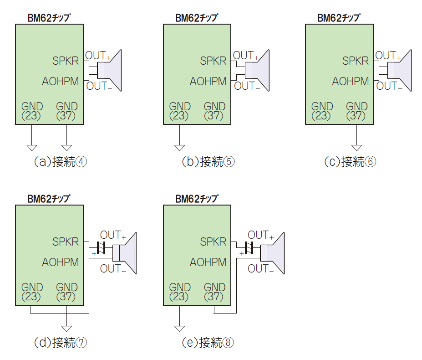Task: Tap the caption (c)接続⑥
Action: (x=350, y=162)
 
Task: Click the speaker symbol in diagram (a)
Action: (x=112, y=70)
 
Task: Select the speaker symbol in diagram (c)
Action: (x=401, y=70)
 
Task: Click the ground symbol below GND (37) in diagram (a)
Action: (x=67, y=148)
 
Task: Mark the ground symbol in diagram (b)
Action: (x=179, y=148)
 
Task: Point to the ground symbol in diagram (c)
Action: (x=356, y=148)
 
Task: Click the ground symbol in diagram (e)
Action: (x=179, y=329)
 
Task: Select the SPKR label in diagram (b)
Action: (x=213, y=61)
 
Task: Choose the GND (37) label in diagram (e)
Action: (x=214, y=292)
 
